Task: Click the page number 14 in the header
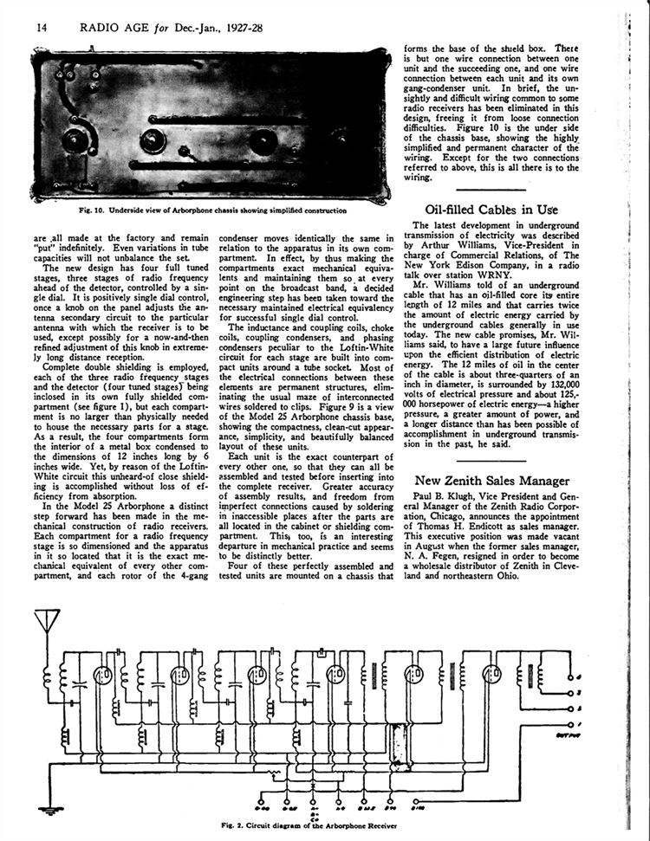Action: pos(41,27)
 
